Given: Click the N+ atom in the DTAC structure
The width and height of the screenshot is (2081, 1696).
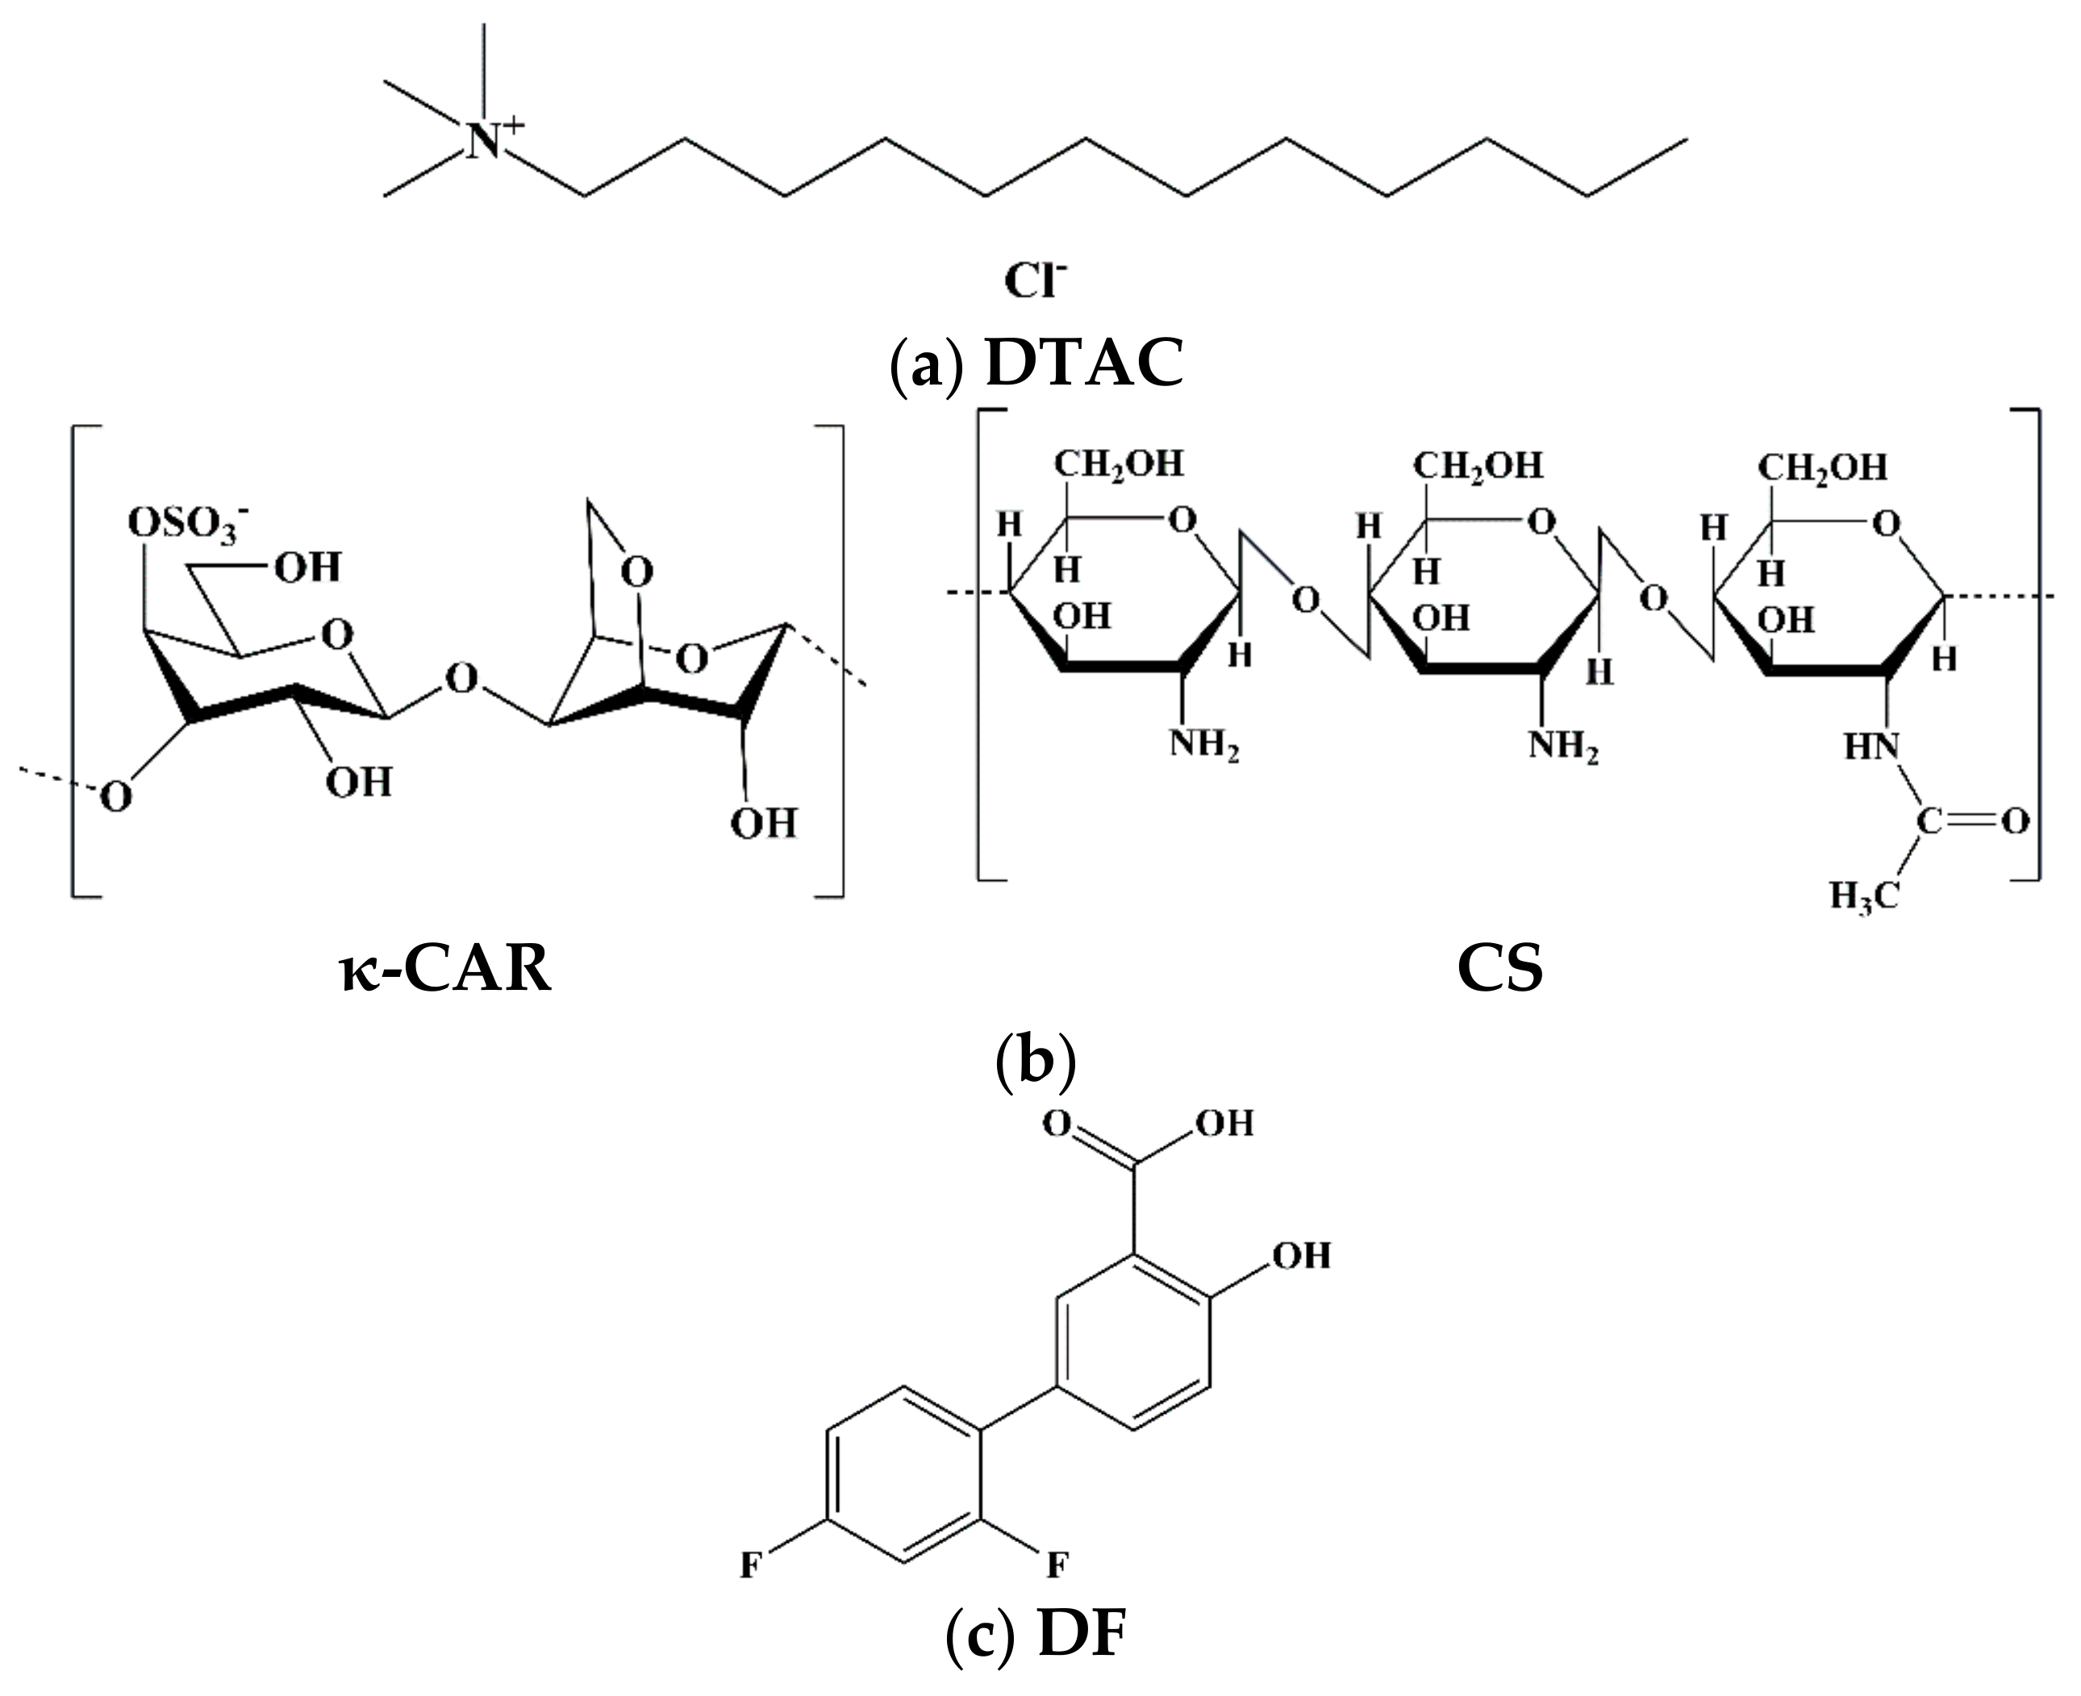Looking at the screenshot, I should pyautogui.click(x=484, y=143).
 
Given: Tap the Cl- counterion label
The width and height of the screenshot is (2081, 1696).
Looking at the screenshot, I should pyautogui.click(x=1034, y=282).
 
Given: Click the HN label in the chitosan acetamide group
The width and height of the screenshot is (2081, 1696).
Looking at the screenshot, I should pyautogui.click(x=1870, y=748).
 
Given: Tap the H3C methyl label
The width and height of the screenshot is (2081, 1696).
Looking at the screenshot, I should pyautogui.click(x=1863, y=895).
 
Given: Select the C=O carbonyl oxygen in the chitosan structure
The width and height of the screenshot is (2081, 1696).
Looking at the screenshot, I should pyautogui.click(x=2013, y=821).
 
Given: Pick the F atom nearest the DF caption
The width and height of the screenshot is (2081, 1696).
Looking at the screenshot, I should pyautogui.click(x=1057, y=1566).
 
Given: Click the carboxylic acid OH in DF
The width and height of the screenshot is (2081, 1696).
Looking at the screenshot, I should pyautogui.click(x=1223, y=1124).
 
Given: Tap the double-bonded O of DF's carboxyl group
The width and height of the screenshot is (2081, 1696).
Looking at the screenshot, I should pyautogui.click(x=1056, y=1124).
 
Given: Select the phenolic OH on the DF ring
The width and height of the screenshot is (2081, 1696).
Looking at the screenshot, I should pyautogui.click(x=1301, y=1255).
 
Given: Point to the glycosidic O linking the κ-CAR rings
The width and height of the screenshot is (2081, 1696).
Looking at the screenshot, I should pyautogui.click(x=461, y=677).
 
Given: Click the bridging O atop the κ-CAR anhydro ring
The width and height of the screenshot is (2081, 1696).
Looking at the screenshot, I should pyautogui.click(x=637, y=572).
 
